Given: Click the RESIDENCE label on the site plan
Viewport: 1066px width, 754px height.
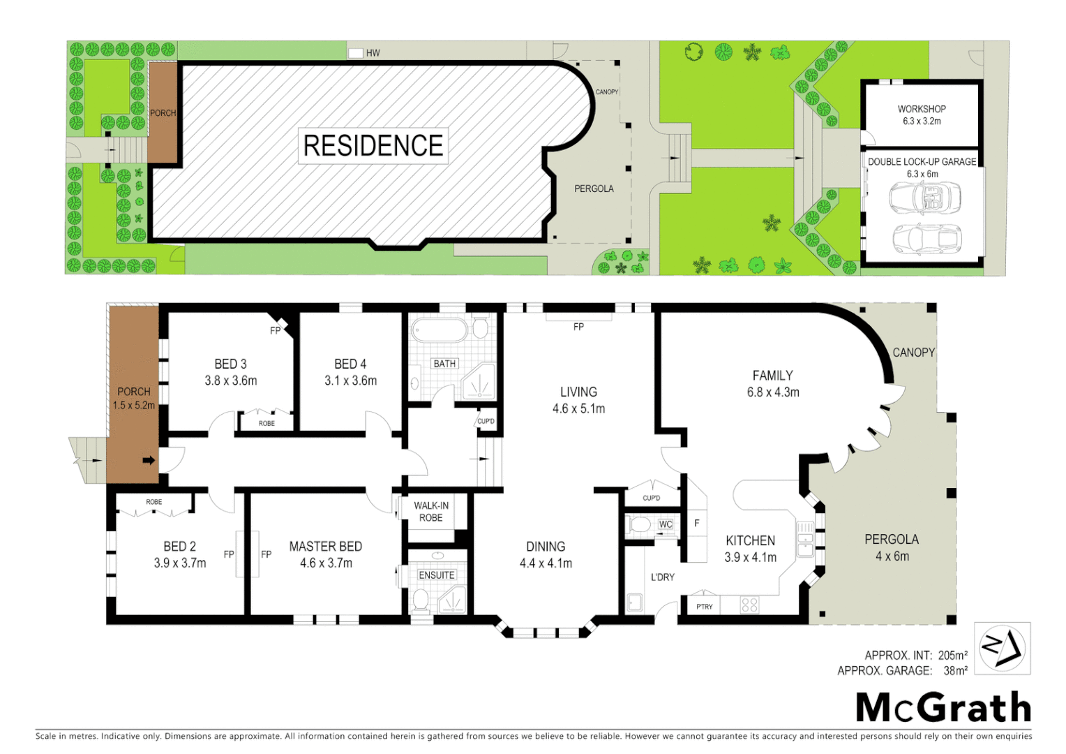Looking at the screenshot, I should (373, 145).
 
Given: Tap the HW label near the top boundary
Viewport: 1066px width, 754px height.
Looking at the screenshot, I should (373, 53).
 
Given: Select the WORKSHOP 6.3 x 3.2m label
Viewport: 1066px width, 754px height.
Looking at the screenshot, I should (922, 115).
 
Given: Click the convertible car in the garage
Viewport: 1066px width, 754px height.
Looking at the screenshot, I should (925, 198).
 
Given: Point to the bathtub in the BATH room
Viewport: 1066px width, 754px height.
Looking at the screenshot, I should (439, 330).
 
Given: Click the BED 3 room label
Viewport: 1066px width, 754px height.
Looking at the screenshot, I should (230, 372).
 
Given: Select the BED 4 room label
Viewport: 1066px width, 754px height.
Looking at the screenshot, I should (350, 372).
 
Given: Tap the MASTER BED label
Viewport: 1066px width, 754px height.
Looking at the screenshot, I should (326, 554).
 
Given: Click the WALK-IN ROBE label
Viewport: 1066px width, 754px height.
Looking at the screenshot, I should (431, 512).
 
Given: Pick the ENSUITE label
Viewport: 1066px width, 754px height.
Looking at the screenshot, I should (437, 575).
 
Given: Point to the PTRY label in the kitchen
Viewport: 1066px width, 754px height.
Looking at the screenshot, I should (705, 607).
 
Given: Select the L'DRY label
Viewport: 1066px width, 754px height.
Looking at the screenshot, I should (663, 577).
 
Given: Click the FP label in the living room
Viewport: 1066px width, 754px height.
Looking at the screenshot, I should (578, 327).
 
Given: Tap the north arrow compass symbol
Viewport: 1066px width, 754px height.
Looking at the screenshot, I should (1002, 649).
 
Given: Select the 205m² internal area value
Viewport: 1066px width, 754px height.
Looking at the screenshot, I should (953, 655).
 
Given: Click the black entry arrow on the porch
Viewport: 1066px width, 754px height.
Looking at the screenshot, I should (149, 461).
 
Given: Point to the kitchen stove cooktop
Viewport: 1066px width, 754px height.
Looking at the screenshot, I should (750, 605).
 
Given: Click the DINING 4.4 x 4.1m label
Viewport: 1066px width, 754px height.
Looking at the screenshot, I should (546, 555).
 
